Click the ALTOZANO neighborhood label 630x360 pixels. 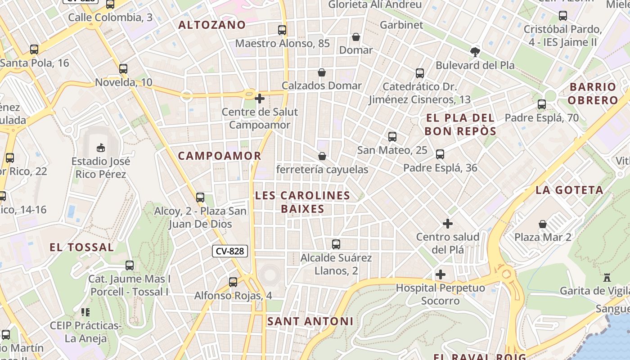[212, 25]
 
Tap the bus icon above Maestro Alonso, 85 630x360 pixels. [282, 30]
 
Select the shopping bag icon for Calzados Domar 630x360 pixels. [322, 72]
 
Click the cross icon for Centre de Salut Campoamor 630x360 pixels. [260, 98]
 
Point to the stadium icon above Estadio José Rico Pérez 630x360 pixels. [101, 148]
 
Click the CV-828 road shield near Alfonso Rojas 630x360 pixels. [230, 251]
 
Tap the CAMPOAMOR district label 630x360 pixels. [220, 156]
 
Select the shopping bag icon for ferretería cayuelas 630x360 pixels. [322, 156]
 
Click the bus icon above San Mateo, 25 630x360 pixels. [392, 136]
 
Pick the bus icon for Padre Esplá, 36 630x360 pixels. [440, 154]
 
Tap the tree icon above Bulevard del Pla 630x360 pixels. [475, 52]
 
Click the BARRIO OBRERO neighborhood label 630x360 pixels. [593, 93]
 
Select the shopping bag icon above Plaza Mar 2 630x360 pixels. [543, 224]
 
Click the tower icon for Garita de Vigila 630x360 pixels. [607, 277]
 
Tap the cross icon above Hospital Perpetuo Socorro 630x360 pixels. [441, 274]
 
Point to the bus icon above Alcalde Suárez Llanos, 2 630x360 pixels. [336, 244]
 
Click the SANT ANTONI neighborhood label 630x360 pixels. [310, 321]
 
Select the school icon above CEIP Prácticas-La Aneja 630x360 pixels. [85, 312]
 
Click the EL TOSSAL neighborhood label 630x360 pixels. [81, 247]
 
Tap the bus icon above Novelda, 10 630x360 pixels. [123, 69]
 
